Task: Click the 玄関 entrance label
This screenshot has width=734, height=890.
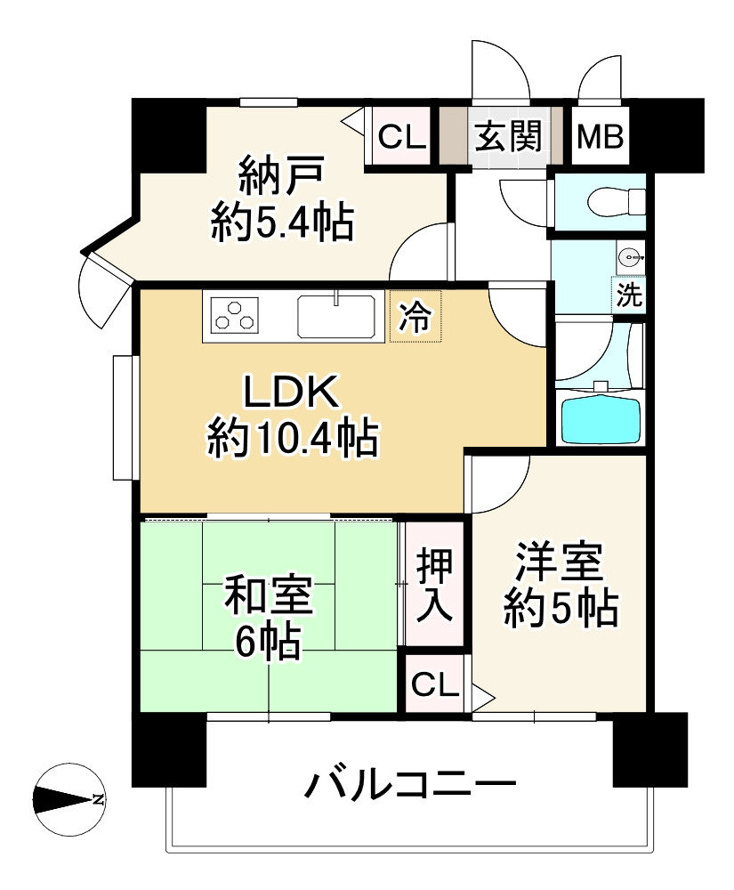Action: click(x=506, y=137)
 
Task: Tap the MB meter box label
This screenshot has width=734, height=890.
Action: click(x=601, y=137)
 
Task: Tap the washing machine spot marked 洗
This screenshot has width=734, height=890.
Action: click(x=630, y=296)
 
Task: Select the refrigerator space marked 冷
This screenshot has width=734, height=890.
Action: click(x=415, y=316)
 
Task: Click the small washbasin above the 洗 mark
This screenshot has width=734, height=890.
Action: click(x=631, y=258)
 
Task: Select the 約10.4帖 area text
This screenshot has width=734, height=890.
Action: click(x=293, y=438)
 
